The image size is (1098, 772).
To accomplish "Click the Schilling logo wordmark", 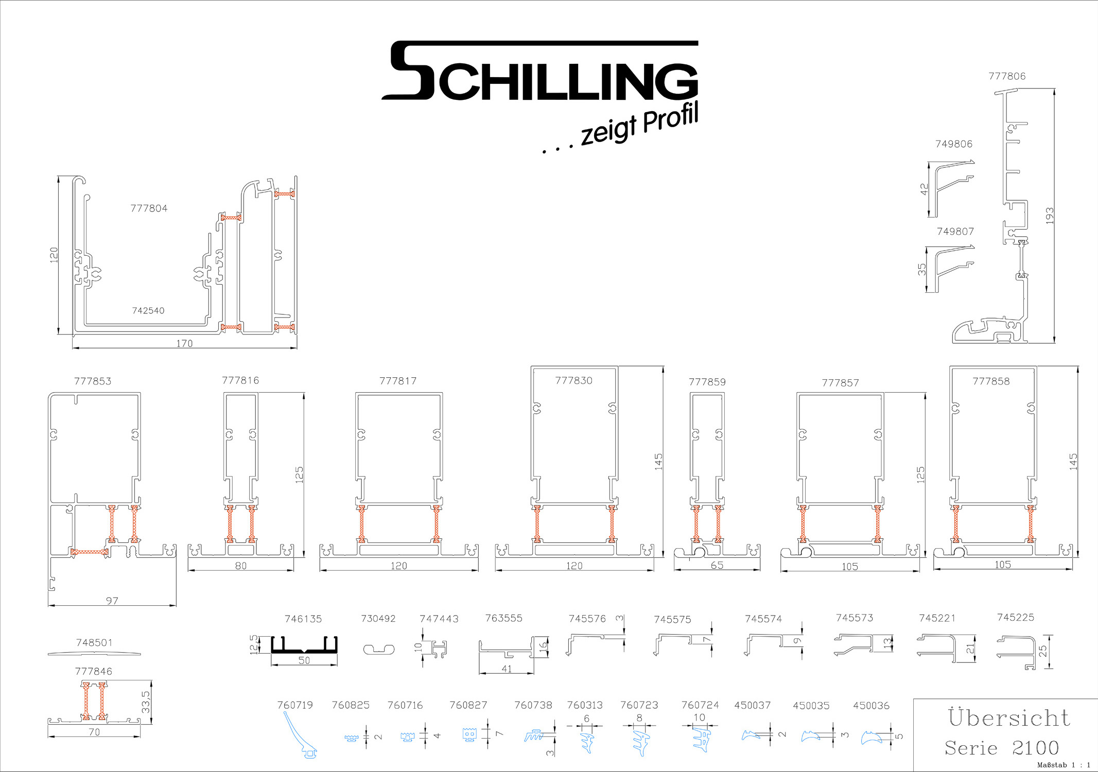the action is (539, 71).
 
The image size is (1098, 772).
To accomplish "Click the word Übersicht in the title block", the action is (1009, 717).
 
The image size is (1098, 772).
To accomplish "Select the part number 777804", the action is (149, 208).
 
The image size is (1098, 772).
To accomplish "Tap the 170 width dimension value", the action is (184, 343).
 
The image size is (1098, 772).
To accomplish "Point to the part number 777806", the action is (1007, 76).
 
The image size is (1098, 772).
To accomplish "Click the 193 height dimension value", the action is (1050, 215).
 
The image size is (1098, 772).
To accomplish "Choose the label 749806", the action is (954, 144).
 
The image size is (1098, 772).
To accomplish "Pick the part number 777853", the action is (93, 381).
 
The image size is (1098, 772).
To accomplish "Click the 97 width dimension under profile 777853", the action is (112, 601).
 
